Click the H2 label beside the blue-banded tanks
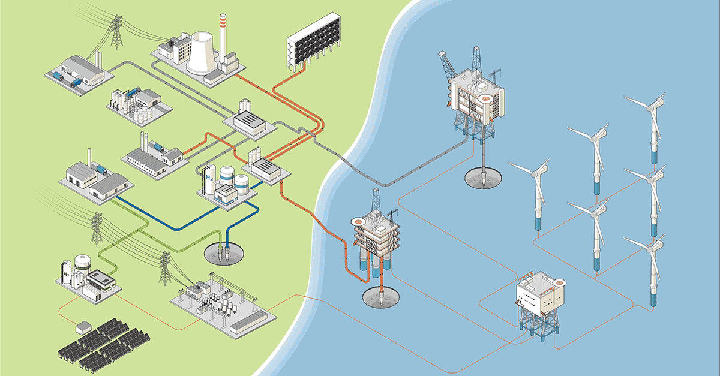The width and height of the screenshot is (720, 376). tap(209, 178)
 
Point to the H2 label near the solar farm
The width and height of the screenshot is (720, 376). tap(67, 275)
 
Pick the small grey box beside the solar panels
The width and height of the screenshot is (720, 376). tap(82, 327)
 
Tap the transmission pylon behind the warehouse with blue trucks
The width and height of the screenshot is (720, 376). tap(116, 33)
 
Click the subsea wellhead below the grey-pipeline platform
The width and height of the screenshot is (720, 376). tap(484, 177)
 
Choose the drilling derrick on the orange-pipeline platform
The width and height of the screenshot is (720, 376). tap(376, 204)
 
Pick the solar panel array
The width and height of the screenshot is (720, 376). tap(104, 348)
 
